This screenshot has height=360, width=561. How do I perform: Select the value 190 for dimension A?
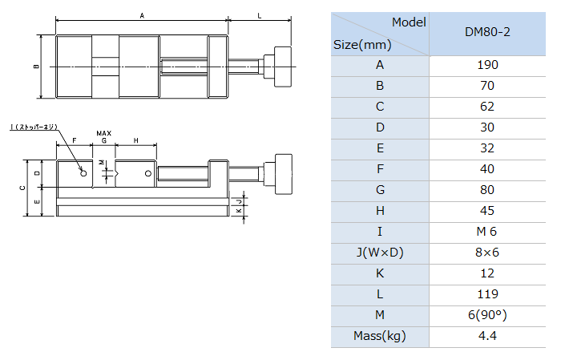(x=487, y=65)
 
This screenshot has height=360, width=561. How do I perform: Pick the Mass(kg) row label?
(x=380, y=336)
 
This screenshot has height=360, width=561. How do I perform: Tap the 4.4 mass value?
(x=487, y=336)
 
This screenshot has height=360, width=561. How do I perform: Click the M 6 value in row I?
(x=486, y=232)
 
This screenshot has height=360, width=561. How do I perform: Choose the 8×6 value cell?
(x=487, y=253)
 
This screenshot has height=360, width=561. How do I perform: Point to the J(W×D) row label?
(x=380, y=253)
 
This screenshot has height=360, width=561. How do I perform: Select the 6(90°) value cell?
(x=487, y=315)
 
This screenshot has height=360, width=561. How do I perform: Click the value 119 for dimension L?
(x=487, y=294)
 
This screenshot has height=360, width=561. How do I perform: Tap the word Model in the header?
(x=409, y=22)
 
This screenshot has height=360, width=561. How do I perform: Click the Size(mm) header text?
(x=362, y=45)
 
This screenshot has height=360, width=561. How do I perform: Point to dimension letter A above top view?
(x=142, y=16)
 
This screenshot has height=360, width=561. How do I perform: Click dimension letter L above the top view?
(x=260, y=16)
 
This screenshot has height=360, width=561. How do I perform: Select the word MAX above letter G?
(x=103, y=133)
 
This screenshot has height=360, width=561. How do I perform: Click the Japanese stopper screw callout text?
(x=34, y=127)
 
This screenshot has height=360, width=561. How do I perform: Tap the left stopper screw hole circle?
(x=83, y=173)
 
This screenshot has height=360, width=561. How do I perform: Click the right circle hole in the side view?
(x=148, y=173)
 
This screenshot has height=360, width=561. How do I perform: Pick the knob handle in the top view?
(x=283, y=67)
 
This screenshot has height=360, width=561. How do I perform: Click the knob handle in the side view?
(x=284, y=174)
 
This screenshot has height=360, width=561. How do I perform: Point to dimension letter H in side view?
(x=136, y=140)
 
